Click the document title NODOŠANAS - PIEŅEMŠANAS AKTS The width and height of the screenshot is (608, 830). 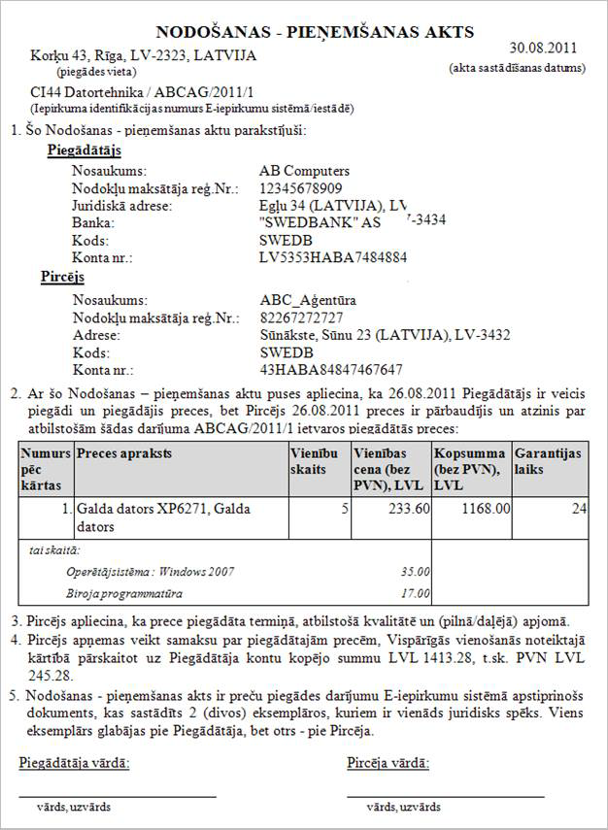[315, 33]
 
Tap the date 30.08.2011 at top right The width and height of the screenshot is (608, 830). [543, 47]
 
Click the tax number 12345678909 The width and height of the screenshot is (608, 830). [301, 188]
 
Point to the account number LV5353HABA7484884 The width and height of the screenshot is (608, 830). [333, 258]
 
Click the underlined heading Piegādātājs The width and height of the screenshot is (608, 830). [84, 150]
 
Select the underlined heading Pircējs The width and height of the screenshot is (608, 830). [63, 278]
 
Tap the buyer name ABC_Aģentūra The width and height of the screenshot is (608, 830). [307, 300]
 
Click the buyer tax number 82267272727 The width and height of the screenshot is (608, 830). [301, 317]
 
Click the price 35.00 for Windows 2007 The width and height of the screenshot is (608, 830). [415, 572]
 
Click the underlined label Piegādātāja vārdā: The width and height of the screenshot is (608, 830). [74, 762]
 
